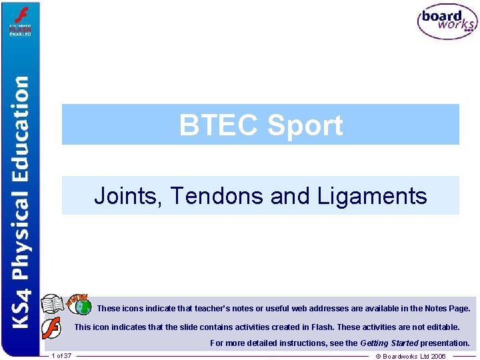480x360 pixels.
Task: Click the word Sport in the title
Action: tap(305, 125)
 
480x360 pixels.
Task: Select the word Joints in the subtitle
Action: tap(128, 195)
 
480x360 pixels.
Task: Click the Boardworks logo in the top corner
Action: tap(447, 22)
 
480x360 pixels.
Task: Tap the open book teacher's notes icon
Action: tap(53, 305)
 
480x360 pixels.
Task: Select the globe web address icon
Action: tap(83, 307)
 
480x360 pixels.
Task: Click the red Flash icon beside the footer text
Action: tap(51, 328)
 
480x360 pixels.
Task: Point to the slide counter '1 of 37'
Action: tap(61, 356)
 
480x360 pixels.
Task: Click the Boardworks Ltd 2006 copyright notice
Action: tap(411, 356)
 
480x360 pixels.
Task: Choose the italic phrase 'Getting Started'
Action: tap(389, 343)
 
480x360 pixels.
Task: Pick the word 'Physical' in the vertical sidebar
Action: tap(22, 230)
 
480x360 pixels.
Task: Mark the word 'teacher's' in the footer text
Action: tap(193, 309)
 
